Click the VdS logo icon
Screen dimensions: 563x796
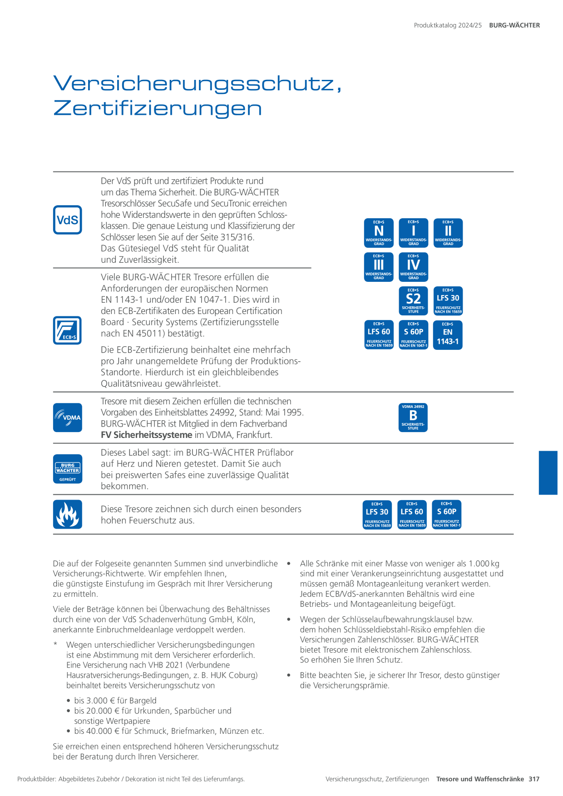[x=68, y=220]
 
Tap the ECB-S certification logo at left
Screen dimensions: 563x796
[x=68, y=330]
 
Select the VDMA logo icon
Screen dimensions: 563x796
[x=68, y=418]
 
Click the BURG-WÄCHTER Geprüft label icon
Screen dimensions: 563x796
[x=68, y=469]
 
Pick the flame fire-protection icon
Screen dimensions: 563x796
[x=68, y=514]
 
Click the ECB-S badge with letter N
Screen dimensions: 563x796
[x=379, y=233]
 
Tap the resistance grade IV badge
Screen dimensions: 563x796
[x=413, y=267]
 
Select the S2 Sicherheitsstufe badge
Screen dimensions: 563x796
[x=413, y=301]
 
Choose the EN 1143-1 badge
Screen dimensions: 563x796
[x=448, y=335]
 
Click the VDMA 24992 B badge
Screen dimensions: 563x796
[x=413, y=418]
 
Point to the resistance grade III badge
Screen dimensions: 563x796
[x=379, y=267]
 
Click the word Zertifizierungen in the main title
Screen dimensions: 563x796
[x=158, y=108]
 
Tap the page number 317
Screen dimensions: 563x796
[x=534, y=779]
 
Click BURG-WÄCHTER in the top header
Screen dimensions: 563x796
[x=514, y=25]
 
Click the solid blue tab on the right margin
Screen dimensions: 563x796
[x=548, y=472]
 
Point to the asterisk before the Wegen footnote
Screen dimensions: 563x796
[x=55, y=644]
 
